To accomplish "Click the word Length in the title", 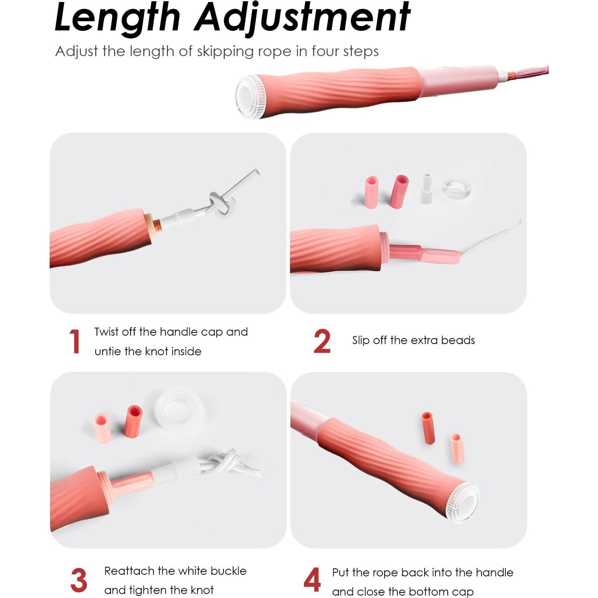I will [x=117, y=18].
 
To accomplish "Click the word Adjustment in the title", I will [x=302, y=18].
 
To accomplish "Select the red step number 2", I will [x=322, y=341].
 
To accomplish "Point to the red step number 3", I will [x=79, y=580].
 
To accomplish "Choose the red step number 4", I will [x=312, y=580].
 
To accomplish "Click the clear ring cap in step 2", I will [x=456, y=189].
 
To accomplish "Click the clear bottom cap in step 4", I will [x=464, y=503].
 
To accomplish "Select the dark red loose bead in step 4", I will [x=428, y=428].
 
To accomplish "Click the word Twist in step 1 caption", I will [x=107, y=332].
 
